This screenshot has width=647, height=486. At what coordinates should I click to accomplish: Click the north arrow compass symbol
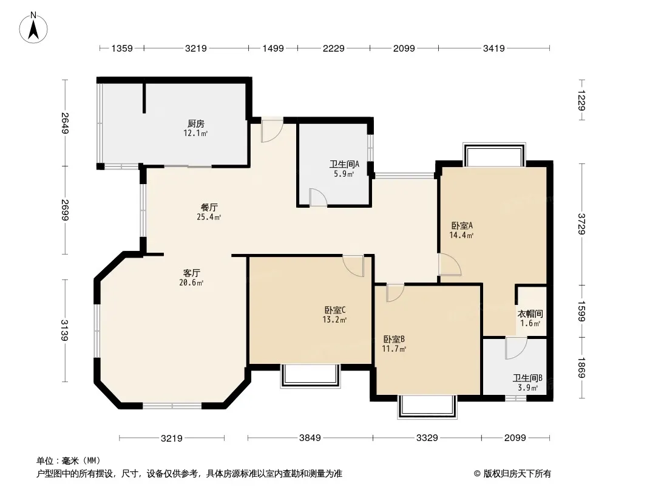pyautogui.click(x=33, y=27)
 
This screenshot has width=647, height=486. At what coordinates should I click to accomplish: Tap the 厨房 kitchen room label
pyautogui.click(x=196, y=123)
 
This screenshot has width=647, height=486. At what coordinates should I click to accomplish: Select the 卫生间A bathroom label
pyautogui.click(x=344, y=164)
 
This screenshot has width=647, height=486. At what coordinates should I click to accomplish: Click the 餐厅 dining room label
pyautogui.click(x=209, y=207)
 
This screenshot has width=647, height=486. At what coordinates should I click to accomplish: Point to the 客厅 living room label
pyautogui.click(x=191, y=273)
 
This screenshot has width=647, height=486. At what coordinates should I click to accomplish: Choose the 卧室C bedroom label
pyautogui.click(x=334, y=310)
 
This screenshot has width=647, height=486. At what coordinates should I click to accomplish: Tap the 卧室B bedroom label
pyautogui.click(x=394, y=339)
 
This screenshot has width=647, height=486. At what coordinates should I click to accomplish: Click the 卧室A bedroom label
pyautogui.click(x=462, y=225)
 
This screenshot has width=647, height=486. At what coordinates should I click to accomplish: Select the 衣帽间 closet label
pyautogui.click(x=530, y=314)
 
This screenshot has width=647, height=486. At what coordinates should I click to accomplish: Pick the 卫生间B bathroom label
pyautogui.click(x=527, y=378)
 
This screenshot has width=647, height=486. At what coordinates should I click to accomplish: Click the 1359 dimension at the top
pyautogui.click(x=122, y=49)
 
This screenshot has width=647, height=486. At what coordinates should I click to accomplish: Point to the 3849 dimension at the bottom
pyautogui.click(x=310, y=437)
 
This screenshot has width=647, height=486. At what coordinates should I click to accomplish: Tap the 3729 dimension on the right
pyautogui.click(x=581, y=224)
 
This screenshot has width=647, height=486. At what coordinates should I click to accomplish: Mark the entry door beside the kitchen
pyautogui.click(x=273, y=129)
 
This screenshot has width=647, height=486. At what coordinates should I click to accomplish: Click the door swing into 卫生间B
pyautogui.click(x=516, y=348)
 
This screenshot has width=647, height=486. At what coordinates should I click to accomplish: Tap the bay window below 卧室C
pyautogui.click(x=310, y=376)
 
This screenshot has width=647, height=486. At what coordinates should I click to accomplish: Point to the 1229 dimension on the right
pyautogui.click(x=581, y=100)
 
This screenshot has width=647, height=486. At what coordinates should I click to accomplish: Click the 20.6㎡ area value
pyautogui.click(x=191, y=283)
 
